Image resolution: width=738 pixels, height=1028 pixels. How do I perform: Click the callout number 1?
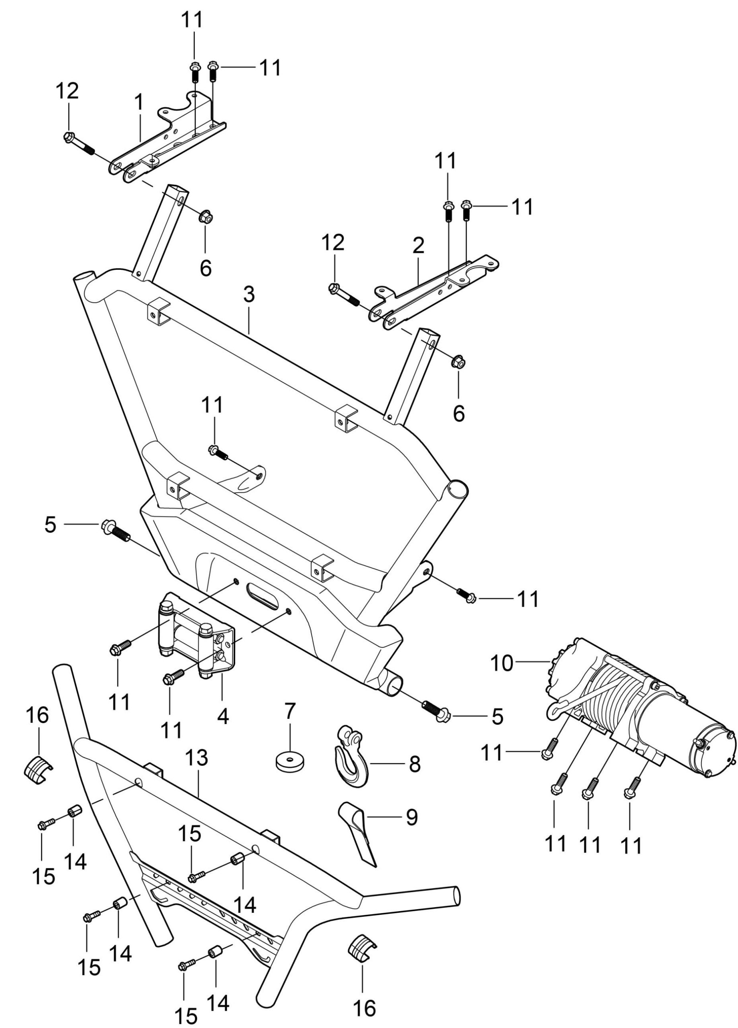coord(139,102)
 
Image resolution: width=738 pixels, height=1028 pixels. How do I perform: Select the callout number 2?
coord(418,245)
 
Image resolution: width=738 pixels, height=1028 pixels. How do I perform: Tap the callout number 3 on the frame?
coord(249,295)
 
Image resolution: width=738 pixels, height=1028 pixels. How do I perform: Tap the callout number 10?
coord(502,663)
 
